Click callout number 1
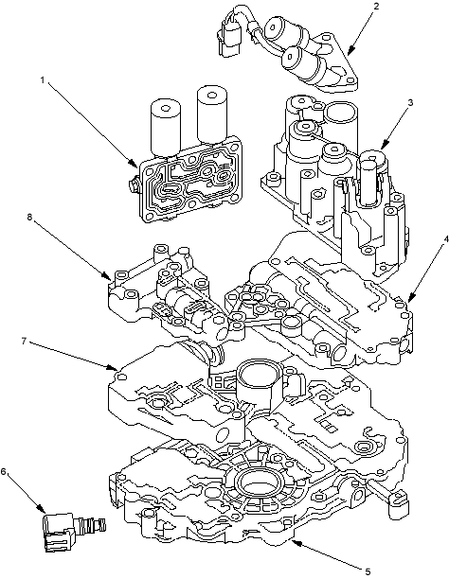[43, 79]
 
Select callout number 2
[376, 7]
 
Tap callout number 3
[410, 103]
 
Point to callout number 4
[446, 239]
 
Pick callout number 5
[368, 572]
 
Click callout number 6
[4, 472]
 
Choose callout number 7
[24, 341]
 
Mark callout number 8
[30, 217]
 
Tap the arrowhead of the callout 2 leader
[350, 50]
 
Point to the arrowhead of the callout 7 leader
[113, 367]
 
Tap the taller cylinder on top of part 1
[212, 114]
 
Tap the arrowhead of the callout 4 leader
[411, 296]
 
